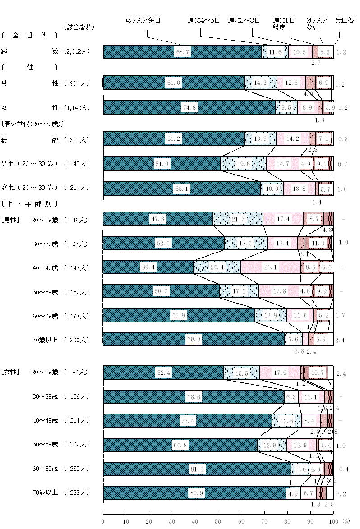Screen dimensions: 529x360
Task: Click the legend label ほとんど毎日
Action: (143, 20)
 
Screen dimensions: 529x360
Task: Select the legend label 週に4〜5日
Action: (203, 20)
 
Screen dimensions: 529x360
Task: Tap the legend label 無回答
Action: (345, 20)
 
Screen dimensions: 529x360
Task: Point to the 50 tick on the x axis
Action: (218, 521)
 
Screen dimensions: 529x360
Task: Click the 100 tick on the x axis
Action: (333, 521)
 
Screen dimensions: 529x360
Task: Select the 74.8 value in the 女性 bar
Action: (190, 107)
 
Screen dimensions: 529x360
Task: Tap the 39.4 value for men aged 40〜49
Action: (149, 267)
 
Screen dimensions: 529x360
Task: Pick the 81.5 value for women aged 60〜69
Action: (198, 469)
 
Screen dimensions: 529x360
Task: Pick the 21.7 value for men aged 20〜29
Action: (238, 219)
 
